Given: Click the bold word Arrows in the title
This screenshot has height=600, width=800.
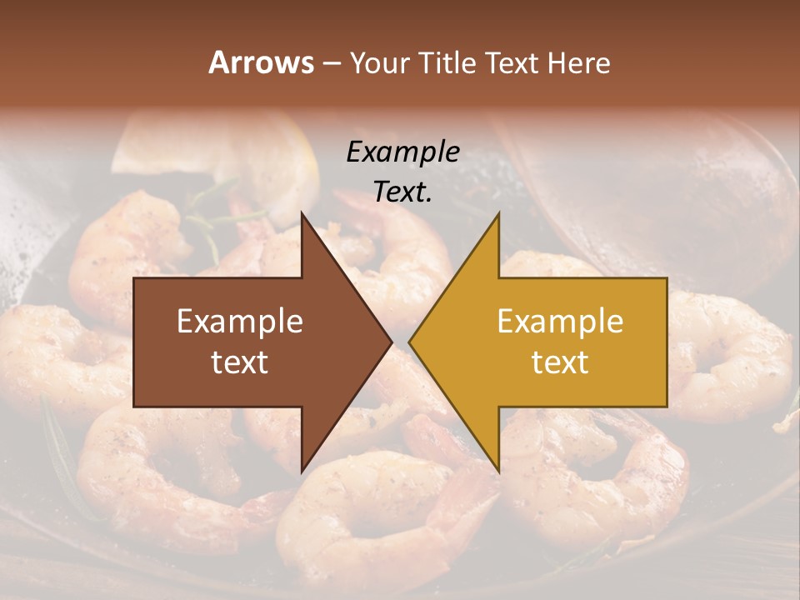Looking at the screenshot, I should click(262, 62).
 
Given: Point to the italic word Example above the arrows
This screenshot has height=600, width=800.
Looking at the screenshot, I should click(402, 152).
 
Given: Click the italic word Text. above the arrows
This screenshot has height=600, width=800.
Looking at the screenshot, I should click(402, 192).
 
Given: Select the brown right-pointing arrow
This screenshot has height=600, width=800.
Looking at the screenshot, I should click(250, 342).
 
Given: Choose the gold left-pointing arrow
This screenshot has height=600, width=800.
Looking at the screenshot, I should click(550, 342).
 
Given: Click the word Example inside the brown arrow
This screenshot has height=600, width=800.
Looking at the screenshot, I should click(240, 322).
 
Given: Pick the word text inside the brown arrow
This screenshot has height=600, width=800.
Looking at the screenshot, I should click(240, 362).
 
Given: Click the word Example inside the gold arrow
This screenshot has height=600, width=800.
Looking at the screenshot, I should click(560, 322).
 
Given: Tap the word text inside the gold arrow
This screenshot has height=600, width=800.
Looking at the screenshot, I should click(560, 362).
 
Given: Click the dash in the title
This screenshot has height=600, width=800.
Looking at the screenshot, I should click(330, 63).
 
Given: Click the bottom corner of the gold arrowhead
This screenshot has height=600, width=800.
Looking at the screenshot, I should click(498, 472).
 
